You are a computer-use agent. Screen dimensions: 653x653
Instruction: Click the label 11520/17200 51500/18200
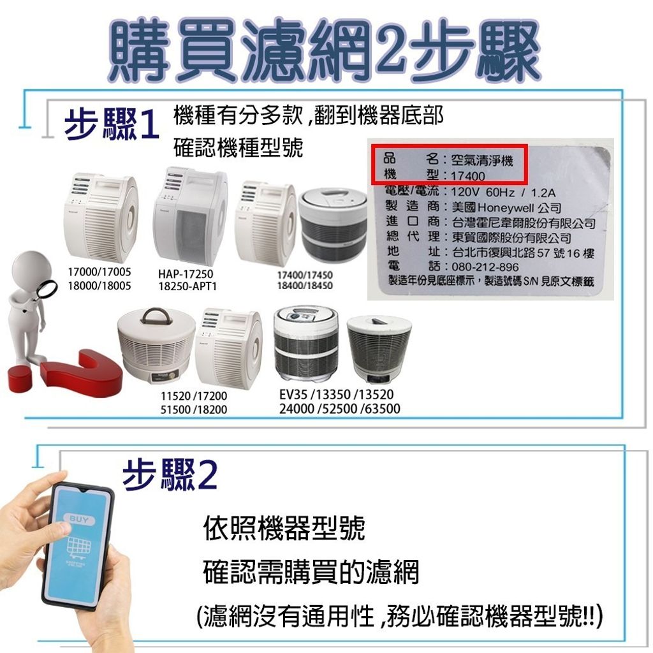tap(193, 403)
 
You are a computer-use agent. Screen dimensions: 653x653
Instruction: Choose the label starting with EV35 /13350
tap(339, 401)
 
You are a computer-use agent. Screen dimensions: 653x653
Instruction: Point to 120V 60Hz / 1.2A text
tap(504, 192)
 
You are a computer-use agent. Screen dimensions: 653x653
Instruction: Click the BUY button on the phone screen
tap(81, 520)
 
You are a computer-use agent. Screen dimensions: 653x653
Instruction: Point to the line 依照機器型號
tap(284, 529)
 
